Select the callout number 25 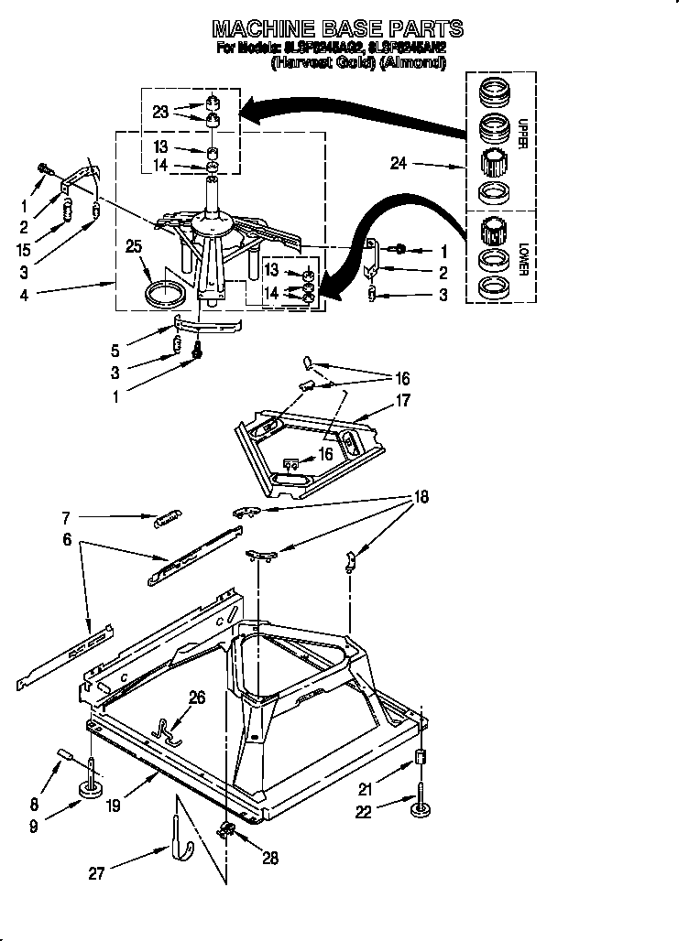[135, 246]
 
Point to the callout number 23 [160, 113]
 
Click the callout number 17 [402, 400]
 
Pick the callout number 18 [421, 497]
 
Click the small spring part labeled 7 [166, 518]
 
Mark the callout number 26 [196, 698]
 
